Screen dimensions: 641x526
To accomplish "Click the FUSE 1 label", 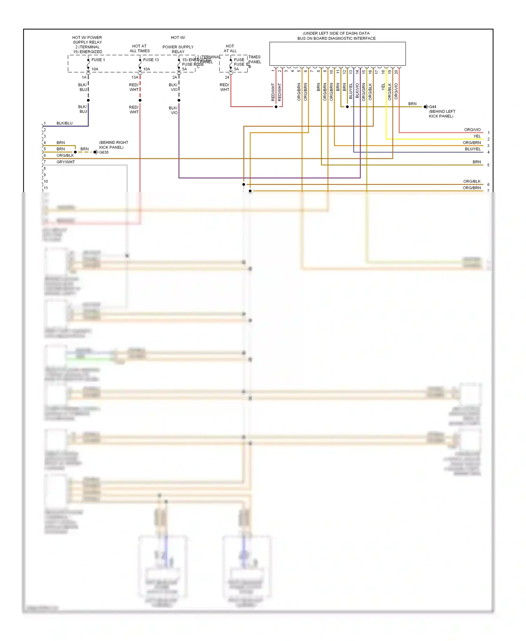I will pos(98,60).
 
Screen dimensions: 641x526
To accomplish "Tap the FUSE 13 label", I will pos(151,60).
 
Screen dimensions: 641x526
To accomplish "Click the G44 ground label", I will pos(433,107).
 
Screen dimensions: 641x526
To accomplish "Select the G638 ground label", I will pos(104,152).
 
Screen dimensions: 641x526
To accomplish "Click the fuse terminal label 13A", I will pos(135,77).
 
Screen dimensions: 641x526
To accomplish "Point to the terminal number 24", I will pos(227,77).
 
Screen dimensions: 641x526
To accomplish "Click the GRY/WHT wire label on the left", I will pos(66,162).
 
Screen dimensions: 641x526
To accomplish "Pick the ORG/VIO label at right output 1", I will pos(472,130).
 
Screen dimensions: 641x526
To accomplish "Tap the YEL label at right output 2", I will pos(477,136).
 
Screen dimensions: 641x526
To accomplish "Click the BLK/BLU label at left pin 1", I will pos(65,123).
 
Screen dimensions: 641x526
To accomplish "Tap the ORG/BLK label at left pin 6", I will pos(65,155).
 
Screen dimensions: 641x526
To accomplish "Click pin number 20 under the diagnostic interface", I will pos(396,72).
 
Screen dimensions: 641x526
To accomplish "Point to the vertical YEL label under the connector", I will pos(383,87).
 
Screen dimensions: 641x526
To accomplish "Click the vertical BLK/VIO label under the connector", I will pos(357,90).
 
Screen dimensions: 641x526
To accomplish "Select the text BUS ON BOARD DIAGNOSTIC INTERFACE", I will pos(336,39).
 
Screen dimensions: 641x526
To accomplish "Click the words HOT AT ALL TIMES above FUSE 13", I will pos(140,48).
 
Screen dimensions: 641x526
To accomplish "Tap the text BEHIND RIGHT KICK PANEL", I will pos(113,145).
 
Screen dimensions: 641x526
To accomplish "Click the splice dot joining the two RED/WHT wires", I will pos(276,107).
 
